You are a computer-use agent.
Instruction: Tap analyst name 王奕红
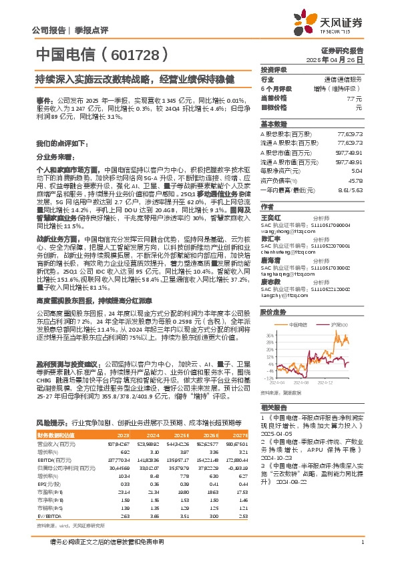tap(268, 217)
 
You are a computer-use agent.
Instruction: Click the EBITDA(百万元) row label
tap(53, 460)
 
